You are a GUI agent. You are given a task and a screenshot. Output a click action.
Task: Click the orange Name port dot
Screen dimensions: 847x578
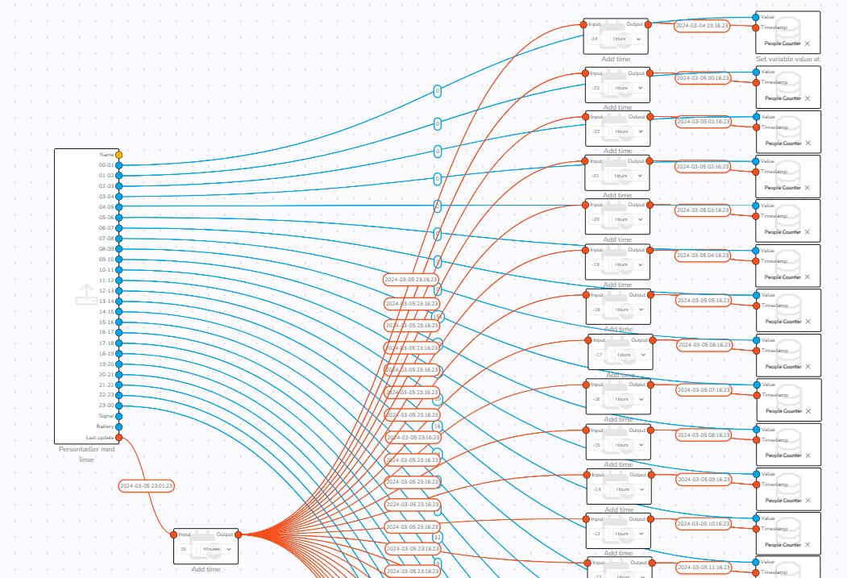[119, 155]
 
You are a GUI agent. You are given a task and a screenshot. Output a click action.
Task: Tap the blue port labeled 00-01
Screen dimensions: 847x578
[119, 165]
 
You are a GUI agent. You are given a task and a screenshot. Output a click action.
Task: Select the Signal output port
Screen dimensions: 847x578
[119, 416]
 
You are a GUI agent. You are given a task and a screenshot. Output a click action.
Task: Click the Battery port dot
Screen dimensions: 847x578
[119, 426]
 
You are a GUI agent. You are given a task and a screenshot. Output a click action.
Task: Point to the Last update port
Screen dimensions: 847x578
[119, 438]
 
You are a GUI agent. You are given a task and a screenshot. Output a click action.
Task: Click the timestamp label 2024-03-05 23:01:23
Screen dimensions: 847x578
[146, 486]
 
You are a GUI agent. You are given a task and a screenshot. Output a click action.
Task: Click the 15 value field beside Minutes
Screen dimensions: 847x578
[185, 549]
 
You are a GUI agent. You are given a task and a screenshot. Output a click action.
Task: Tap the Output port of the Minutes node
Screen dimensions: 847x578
[238, 534]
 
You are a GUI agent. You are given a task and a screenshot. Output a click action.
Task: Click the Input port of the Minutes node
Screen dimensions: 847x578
[173, 534]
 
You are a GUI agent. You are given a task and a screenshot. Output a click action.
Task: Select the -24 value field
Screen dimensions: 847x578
[596, 39]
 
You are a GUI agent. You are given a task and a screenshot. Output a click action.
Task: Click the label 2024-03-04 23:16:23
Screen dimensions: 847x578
[701, 26]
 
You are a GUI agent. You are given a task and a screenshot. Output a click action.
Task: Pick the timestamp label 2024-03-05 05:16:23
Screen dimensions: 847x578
[703, 300]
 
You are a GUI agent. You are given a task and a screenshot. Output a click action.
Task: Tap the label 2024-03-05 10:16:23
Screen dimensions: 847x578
[703, 524]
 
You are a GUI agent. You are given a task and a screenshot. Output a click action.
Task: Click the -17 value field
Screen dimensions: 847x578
[600, 355]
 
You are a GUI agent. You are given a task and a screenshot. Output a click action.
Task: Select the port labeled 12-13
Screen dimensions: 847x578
[119, 291]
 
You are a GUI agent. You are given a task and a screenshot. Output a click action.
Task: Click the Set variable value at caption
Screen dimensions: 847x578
[787, 59]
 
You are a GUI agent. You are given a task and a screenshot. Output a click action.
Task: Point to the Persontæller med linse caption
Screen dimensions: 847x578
[86, 454]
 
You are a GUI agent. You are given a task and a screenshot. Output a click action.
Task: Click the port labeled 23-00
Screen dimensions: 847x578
[119, 405]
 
